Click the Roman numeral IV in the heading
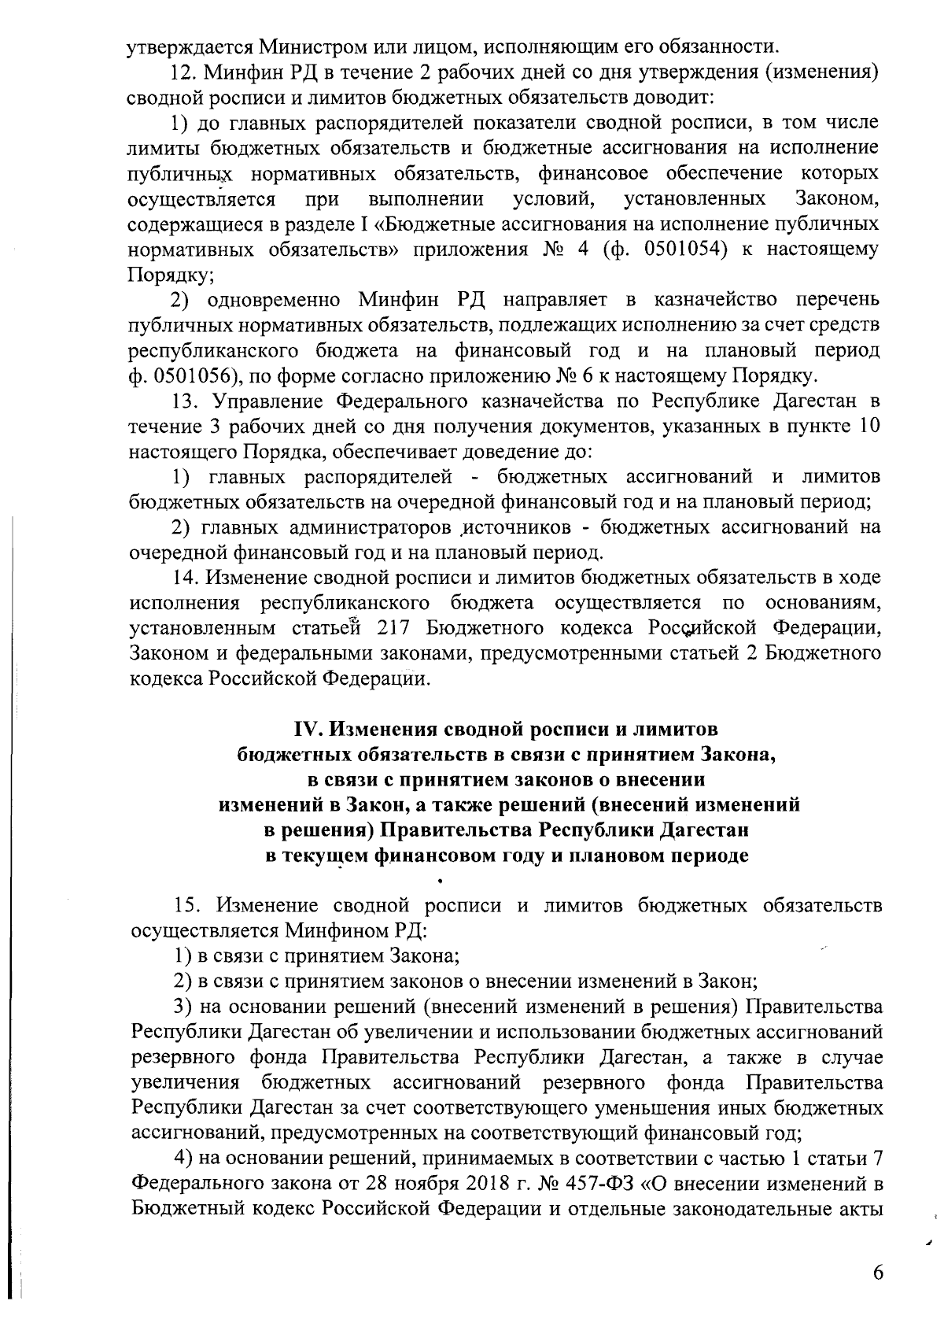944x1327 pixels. click(x=305, y=728)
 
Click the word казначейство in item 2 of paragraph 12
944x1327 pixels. click(x=735, y=300)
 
